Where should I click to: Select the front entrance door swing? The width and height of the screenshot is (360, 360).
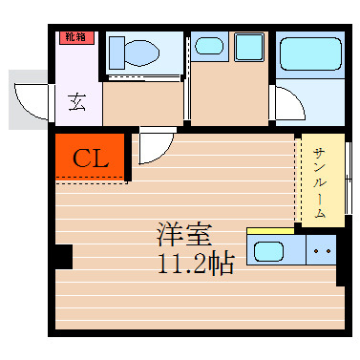click(x=32, y=98)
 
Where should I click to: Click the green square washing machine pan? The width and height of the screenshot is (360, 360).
click(x=249, y=47)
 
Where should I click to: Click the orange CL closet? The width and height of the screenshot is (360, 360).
click(x=89, y=158)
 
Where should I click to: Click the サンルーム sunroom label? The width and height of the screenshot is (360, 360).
click(x=320, y=180)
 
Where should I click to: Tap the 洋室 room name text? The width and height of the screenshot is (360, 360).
click(x=183, y=234)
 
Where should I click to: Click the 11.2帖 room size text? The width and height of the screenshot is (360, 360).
click(x=196, y=264)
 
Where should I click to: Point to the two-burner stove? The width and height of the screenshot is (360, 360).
click(x=320, y=253)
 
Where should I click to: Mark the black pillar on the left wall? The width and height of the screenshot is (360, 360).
click(x=63, y=256)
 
